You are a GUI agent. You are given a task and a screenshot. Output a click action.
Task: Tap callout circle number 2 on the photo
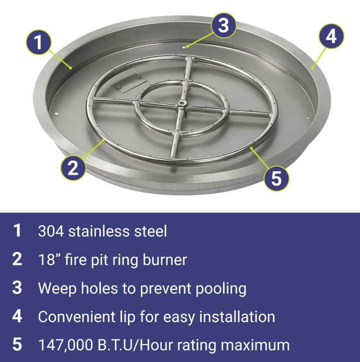coord(72,167)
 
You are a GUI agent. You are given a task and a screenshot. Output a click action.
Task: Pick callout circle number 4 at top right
coord(330,36)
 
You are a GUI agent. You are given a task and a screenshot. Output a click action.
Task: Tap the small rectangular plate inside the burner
coord(126,88)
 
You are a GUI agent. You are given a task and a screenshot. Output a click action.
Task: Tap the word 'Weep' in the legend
coord(56,288)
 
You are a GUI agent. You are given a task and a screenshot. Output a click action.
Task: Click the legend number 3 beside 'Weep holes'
coord(18,288)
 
